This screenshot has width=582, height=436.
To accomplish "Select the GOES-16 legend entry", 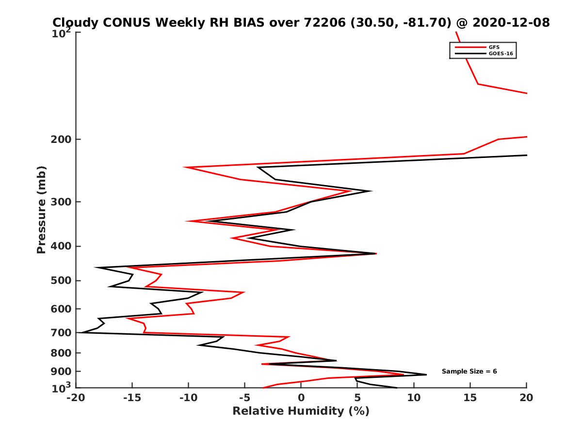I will [501, 54].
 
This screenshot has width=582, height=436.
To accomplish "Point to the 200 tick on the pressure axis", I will [62, 140].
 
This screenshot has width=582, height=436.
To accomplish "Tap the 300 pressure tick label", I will [62, 202].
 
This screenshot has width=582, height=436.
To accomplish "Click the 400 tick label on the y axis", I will [62, 246].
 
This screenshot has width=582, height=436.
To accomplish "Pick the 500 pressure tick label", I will [62, 280].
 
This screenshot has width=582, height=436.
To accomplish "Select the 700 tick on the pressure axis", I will [62, 333].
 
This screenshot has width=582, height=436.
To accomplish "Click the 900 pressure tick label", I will [62, 372].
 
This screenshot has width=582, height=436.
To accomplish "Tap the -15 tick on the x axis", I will [132, 398].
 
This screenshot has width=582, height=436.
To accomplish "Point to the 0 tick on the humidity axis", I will [301, 398].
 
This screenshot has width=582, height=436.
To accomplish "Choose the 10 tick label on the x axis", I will [414, 398].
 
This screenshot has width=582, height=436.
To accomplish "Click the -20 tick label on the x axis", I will [75, 398].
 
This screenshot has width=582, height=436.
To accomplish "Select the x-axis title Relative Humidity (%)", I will [301, 411].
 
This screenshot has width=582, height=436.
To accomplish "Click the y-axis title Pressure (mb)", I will [41, 209].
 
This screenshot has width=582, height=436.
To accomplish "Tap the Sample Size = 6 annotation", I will [469, 372].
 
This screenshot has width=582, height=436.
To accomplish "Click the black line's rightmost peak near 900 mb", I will [426, 374].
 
